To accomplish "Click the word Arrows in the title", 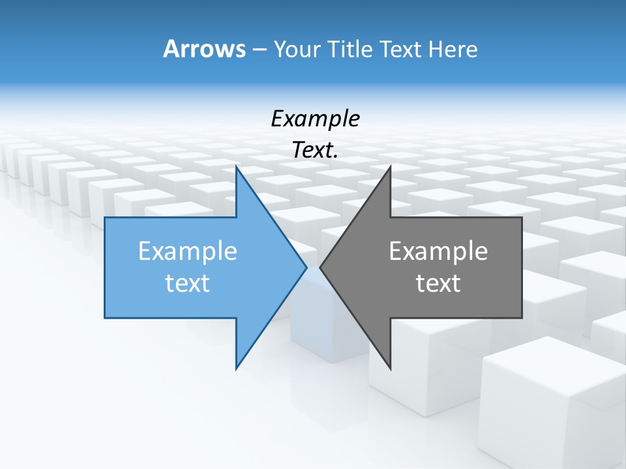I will click(x=204, y=49).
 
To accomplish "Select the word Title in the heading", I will click(x=351, y=49).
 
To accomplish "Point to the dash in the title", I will click(x=259, y=50).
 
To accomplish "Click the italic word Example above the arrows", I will click(x=315, y=119).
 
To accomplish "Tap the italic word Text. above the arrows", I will click(x=315, y=150).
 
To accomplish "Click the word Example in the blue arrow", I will click(x=188, y=251).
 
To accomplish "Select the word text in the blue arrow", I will click(x=188, y=283).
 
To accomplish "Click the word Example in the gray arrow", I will click(x=438, y=251).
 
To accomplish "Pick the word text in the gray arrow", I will click(x=438, y=283).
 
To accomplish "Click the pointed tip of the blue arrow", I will click(x=305, y=267).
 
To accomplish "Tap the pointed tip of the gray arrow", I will click(x=321, y=267).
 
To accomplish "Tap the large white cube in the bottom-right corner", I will click(x=554, y=404).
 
